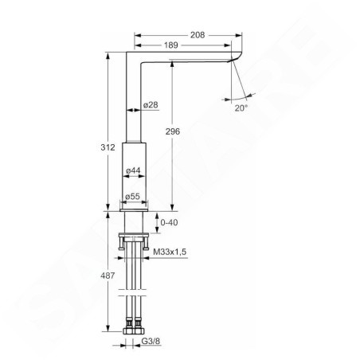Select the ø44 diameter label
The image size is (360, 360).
(x=133, y=170)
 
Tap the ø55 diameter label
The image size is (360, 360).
(x=133, y=196)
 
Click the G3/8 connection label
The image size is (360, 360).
(x=162, y=345)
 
